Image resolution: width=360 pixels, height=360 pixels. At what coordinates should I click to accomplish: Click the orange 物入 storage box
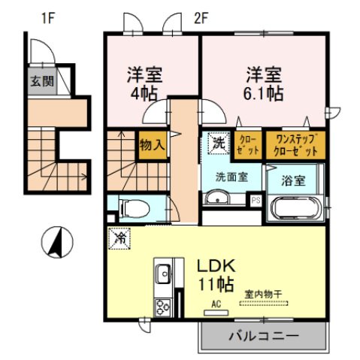point(153,145)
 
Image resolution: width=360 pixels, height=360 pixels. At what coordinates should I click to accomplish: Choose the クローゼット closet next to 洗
point(248,144)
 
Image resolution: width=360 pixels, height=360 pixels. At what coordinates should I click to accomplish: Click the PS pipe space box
point(256,200)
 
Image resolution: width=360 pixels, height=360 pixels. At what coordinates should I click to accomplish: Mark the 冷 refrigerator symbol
point(120,237)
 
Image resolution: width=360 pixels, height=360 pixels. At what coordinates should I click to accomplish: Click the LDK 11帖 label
point(217,274)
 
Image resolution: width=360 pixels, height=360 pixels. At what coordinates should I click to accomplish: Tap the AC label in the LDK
point(216,304)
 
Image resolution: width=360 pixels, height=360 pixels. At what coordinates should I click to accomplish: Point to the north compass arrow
point(56,243)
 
